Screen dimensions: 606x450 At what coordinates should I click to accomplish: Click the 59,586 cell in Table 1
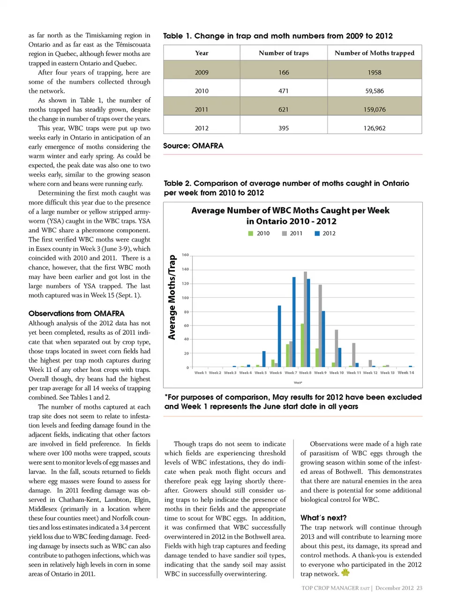point(374,91)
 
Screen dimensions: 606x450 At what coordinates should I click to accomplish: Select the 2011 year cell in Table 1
point(202,110)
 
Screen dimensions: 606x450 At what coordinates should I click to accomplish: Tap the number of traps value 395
point(284,128)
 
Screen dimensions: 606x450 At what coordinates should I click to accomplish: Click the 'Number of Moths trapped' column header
point(374,53)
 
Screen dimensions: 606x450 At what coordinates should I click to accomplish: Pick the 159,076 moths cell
point(374,110)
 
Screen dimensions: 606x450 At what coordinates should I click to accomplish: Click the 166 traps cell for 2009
point(284,73)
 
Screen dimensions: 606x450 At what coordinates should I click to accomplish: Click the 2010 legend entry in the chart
point(259,233)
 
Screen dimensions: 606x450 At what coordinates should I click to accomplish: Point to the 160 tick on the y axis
point(186,255)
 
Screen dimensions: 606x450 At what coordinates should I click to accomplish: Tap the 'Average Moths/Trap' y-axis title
point(172,297)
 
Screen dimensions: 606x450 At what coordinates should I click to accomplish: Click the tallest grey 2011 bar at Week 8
point(305,318)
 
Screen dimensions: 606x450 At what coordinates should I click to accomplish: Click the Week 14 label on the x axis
point(406,373)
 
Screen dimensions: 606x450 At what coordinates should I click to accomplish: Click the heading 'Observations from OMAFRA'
point(76,313)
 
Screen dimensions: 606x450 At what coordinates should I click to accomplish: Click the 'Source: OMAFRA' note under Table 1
point(193,146)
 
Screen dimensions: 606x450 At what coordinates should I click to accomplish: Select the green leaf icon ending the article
point(345,573)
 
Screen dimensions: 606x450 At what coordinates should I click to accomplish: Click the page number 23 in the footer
point(419,588)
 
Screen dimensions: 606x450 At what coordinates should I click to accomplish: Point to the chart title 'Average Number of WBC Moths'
point(290,211)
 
